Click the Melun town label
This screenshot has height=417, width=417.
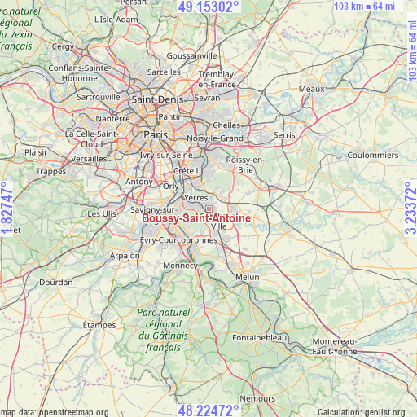pos(247,277)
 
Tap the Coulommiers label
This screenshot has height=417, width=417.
pos(372,154)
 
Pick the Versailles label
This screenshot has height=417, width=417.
pos(90,159)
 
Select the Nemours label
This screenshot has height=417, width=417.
pos(259,399)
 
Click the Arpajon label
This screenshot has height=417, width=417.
pos(125,255)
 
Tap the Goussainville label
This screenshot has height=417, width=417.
pos(192,55)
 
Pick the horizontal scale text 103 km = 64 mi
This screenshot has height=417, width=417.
pos(364,7)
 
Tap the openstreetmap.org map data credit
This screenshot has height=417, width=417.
pos(55,412)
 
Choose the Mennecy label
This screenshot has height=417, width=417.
pos(181,265)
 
